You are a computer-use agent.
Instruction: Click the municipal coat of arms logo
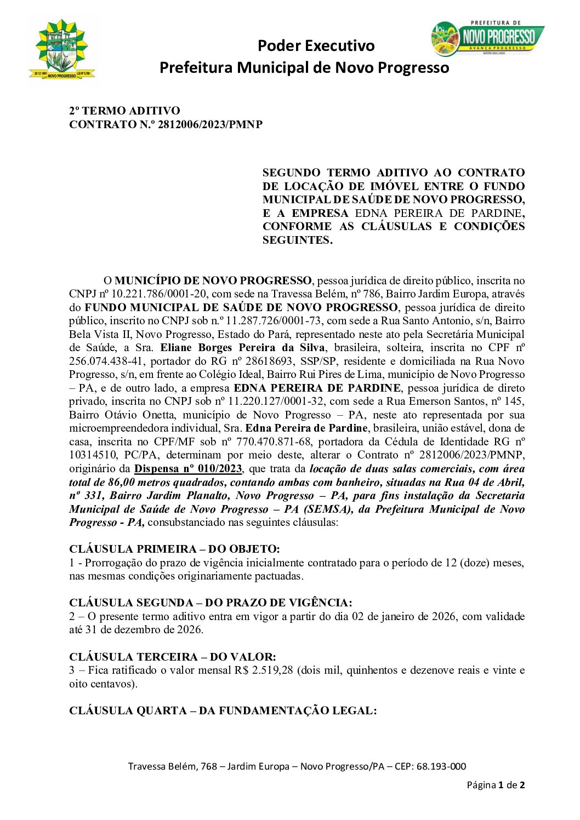pos(62,49)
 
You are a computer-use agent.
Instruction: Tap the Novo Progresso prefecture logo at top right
pos(487,38)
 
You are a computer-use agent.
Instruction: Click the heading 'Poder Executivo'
pos(316,45)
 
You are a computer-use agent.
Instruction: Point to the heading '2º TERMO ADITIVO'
pos(124,111)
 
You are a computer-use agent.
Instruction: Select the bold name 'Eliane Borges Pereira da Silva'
pos(242,348)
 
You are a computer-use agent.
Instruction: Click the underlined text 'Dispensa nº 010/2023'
pos(188,469)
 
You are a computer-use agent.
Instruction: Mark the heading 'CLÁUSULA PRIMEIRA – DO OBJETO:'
pos(174,549)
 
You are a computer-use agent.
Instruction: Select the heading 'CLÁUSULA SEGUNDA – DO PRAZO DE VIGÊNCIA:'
pos(211,603)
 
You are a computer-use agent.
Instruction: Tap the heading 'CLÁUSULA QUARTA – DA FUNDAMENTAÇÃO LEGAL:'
pos(223,711)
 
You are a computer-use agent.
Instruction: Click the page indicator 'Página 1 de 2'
pos(496,785)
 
